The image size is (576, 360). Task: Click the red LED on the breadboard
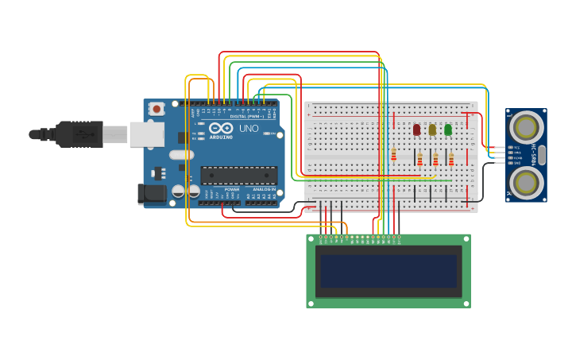pos(416,130)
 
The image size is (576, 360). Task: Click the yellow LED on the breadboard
pos(432,130)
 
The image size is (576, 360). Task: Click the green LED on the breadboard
pos(448,130)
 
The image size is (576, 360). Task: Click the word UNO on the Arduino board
pos(249,128)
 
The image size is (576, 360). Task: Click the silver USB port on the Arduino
pos(147,134)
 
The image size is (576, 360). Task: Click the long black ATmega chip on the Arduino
pos(238,175)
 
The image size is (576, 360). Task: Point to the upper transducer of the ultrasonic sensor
pos(526,126)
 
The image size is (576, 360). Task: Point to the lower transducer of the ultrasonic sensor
pos(526,182)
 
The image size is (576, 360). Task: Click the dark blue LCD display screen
pos(389,271)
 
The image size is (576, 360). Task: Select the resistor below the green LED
pos(451,160)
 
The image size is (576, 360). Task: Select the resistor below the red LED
pos(420,160)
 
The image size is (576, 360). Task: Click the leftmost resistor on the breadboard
pos(393,153)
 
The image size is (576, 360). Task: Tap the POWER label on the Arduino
pos(231,189)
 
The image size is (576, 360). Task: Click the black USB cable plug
pos(79,134)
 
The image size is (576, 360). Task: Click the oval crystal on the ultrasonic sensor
pos(542,154)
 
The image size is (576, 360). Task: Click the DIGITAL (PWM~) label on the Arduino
pos(247,116)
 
